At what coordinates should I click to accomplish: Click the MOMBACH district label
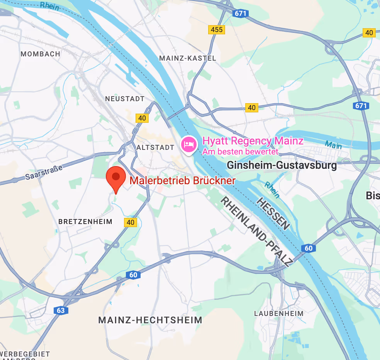[40, 54]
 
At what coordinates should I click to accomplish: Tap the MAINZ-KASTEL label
[188, 58]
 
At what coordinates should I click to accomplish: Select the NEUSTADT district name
[125, 99]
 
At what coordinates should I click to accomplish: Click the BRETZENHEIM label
[85, 222]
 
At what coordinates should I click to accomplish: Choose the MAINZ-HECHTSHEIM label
[150, 320]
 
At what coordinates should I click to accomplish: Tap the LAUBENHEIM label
[278, 314]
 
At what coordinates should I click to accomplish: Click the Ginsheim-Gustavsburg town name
[282, 166]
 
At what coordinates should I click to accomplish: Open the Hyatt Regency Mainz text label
[253, 141]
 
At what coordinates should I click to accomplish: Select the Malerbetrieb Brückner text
[182, 180]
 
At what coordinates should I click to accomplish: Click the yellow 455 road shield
[216, 29]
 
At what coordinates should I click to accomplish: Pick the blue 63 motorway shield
[61, 310]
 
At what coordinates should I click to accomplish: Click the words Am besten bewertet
[240, 152]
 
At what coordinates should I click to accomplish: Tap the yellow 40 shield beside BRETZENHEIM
[131, 222]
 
